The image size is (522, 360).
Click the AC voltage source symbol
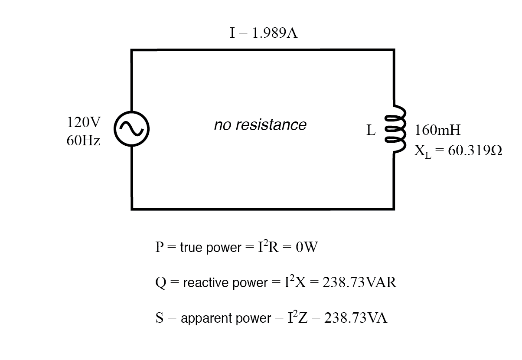tap(131, 129)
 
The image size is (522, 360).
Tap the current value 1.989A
tap(275, 33)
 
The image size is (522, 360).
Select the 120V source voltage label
tap(84, 123)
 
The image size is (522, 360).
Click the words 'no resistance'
tap(260, 125)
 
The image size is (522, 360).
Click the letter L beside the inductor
tap(371, 130)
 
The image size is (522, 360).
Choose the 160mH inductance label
tap(437, 130)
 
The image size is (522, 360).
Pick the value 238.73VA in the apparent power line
tap(356, 318)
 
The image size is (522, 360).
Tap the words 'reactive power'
tap(225, 283)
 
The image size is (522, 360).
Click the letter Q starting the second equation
tap(160, 283)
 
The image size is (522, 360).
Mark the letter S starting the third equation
tap(159, 318)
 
